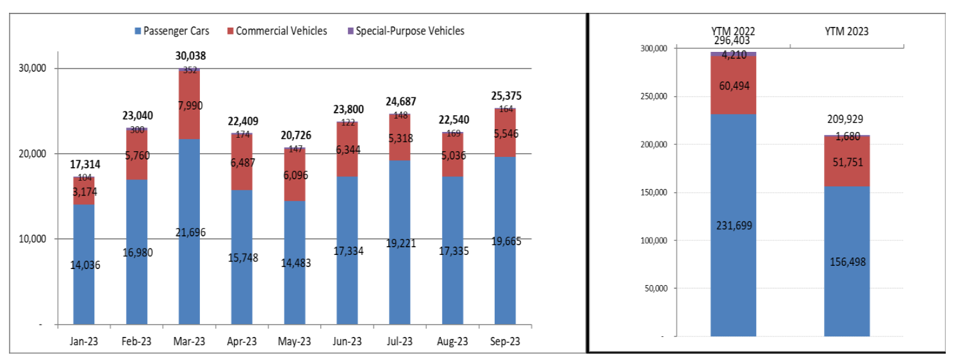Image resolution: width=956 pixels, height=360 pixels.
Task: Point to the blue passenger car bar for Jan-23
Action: [83, 282]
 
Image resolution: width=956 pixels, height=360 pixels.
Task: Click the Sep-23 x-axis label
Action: [505, 342]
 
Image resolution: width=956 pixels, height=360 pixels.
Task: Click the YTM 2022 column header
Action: [733, 31]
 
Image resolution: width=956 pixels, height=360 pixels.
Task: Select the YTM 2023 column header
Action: [846, 31]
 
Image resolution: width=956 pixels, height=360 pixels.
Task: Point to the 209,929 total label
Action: [846, 119]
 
